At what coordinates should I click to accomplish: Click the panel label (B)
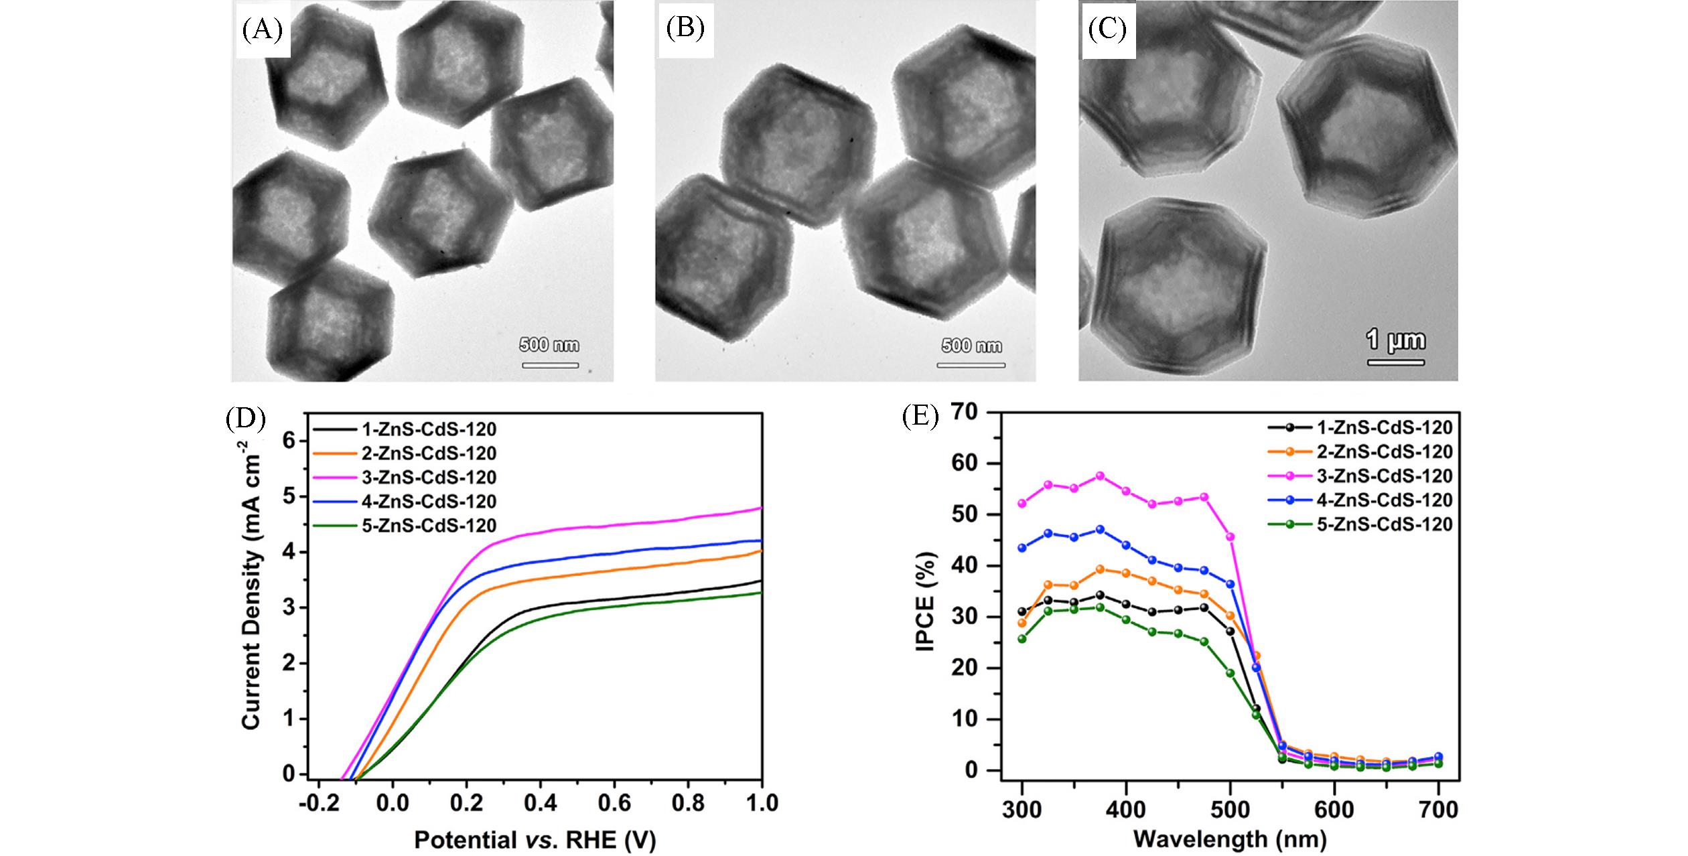pos(685,30)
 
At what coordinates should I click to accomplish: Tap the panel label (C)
pos(1108,31)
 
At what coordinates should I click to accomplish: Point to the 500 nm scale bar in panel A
pos(550,365)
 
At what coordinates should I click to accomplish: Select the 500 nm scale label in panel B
pos(971,346)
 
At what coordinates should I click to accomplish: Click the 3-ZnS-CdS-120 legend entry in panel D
pos(429,477)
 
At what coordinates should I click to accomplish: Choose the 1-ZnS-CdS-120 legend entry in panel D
pos(429,429)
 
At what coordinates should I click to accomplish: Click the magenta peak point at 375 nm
pos(1100,476)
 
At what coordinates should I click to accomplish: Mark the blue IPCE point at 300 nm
pos(1022,548)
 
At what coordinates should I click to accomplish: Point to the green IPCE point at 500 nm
pos(1230,673)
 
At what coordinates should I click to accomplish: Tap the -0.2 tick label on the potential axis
pos(318,802)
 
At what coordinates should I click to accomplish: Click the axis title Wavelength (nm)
pos(1230,838)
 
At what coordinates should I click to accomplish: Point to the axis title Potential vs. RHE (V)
pos(535,840)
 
